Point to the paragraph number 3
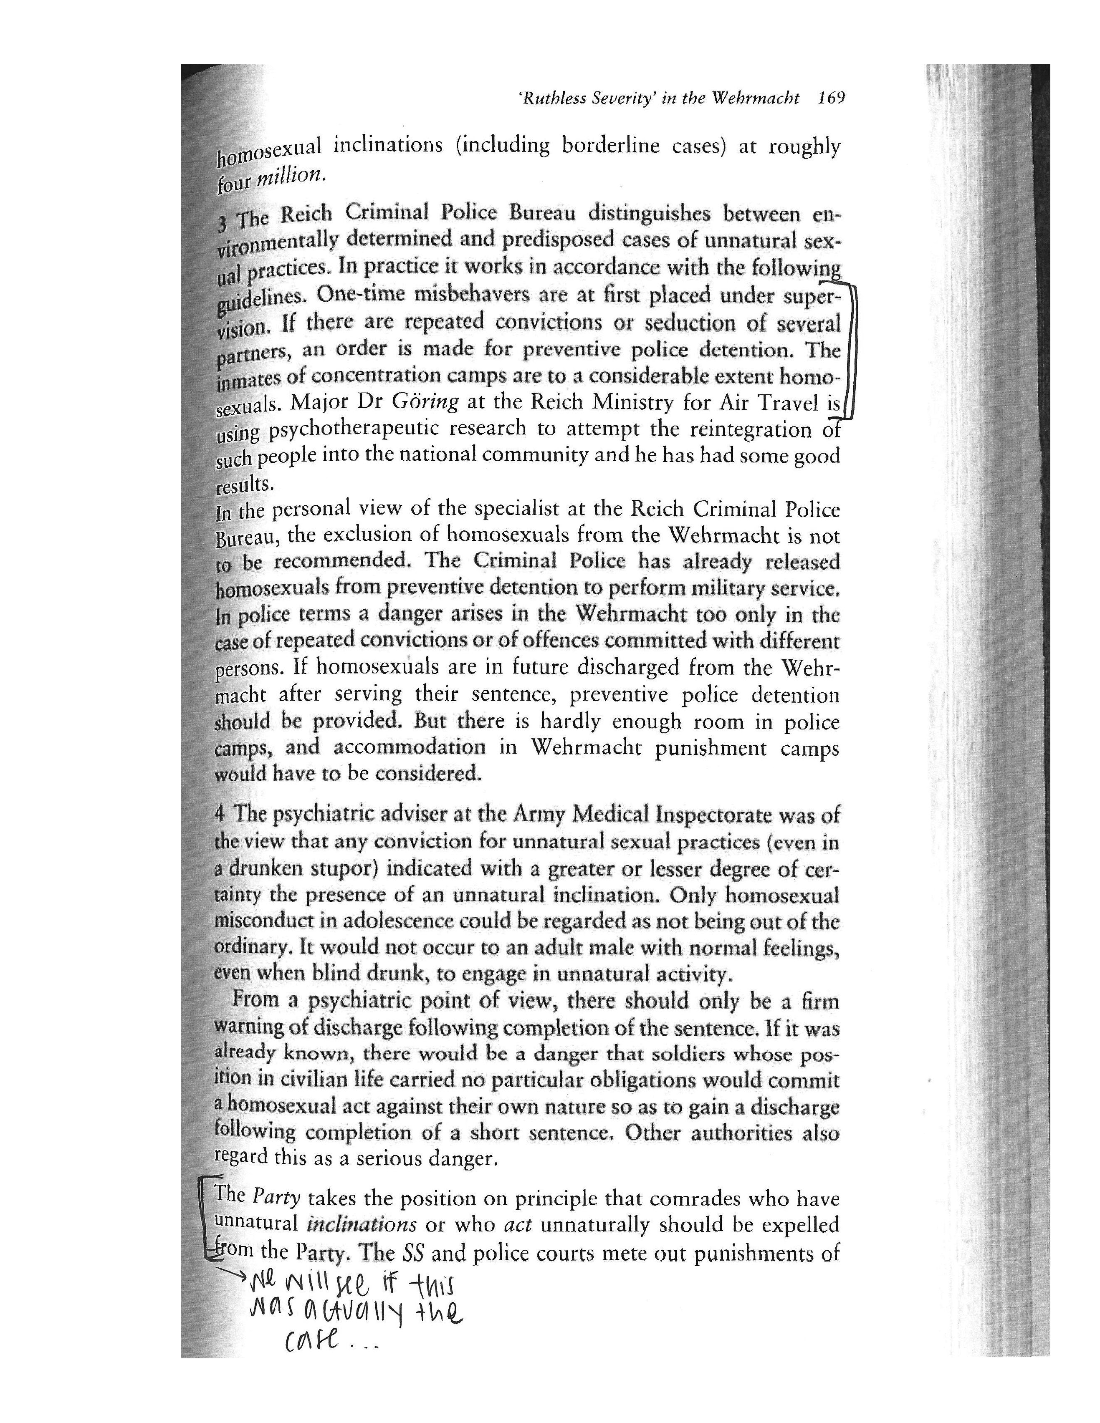click(x=223, y=224)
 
